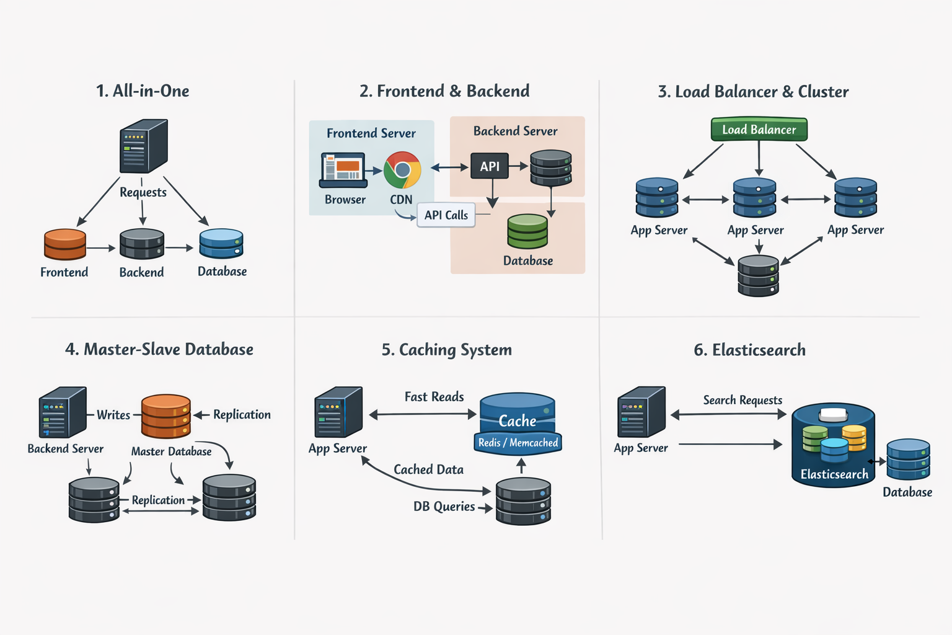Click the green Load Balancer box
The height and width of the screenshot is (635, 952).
(759, 129)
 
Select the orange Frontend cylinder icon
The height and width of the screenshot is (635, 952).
(65, 244)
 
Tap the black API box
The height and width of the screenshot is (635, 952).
(489, 166)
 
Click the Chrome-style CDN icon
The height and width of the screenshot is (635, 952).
(402, 170)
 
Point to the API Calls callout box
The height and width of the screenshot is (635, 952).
(446, 215)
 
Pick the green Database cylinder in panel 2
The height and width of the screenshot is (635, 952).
(527, 231)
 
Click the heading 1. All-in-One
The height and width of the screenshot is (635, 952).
(143, 91)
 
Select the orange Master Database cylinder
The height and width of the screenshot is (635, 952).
(165, 416)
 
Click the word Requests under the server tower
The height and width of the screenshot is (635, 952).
(143, 192)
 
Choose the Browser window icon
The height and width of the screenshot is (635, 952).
(343, 170)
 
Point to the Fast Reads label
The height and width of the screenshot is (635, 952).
(434, 397)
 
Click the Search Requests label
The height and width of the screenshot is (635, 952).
(743, 400)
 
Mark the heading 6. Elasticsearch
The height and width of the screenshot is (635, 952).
(749, 350)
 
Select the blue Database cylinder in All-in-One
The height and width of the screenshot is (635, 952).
(221, 244)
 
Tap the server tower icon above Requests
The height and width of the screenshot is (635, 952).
(143, 146)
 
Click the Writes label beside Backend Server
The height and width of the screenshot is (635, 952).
(113, 415)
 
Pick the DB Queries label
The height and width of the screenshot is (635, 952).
(444, 507)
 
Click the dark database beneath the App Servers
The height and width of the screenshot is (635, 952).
(758, 276)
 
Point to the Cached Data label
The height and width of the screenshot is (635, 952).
(428, 469)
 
